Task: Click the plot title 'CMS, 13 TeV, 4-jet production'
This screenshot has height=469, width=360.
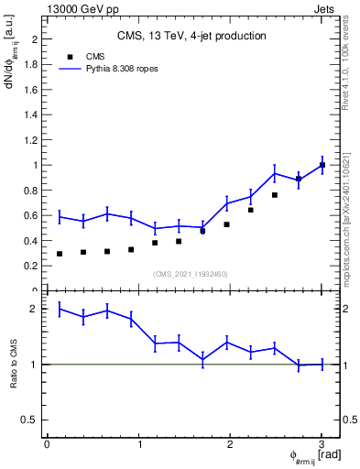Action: pos(191,37)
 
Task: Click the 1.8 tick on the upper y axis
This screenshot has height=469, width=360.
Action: pos(34,65)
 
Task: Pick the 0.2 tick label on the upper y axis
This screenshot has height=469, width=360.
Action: pos(34,266)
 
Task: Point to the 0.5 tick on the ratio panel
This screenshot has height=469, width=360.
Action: pos(34,420)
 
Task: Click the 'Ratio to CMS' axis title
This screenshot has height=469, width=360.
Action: pos(15,365)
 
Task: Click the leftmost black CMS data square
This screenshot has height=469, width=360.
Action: pos(60,254)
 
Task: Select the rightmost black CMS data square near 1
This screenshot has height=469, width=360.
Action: pos(322,165)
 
